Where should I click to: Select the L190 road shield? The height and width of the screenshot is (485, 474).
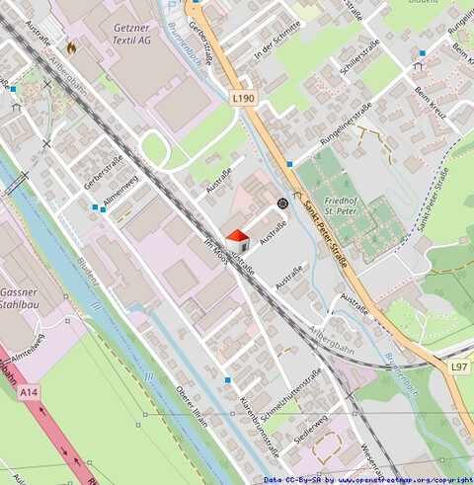(244, 99)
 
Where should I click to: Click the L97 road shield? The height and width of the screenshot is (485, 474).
(459, 367)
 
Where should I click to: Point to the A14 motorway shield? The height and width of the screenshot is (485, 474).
(29, 393)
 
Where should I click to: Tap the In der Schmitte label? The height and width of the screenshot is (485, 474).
(276, 42)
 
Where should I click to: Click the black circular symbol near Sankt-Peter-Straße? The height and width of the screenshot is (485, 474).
(282, 203)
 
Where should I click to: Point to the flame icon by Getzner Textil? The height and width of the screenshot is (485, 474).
(71, 46)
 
